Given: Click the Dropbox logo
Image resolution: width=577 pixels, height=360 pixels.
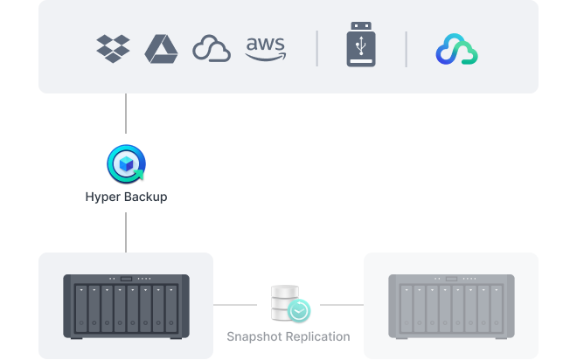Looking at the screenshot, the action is pyautogui.click(x=113, y=49).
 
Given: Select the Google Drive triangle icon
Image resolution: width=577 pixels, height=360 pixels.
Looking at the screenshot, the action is pyautogui.click(x=161, y=49).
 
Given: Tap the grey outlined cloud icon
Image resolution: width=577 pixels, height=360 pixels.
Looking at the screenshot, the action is pyautogui.click(x=212, y=49).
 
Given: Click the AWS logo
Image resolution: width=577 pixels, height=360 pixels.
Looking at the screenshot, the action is pyautogui.click(x=265, y=49).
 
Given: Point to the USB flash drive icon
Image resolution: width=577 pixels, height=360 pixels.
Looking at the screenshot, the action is pyautogui.click(x=361, y=45).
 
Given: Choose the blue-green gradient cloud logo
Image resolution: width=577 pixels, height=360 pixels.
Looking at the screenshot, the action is pyautogui.click(x=456, y=49).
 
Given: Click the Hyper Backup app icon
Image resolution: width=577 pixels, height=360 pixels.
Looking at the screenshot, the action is pyautogui.click(x=126, y=163).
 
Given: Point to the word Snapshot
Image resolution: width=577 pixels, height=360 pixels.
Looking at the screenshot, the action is pyautogui.click(x=254, y=336).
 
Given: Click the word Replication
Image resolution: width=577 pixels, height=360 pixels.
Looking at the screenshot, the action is pyautogui.click(x=318, y=336).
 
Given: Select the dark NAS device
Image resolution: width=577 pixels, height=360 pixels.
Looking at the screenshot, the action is pyautogui.click(x=126, y=307).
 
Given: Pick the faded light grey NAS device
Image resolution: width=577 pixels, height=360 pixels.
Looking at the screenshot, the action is pyautogui.click(x=451, y=307).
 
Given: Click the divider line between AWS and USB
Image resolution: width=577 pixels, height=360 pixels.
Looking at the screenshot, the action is pyautogui.click(x=316, y=49).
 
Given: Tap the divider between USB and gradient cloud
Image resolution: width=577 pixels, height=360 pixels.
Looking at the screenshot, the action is pyautogui.click(x=407, y=49).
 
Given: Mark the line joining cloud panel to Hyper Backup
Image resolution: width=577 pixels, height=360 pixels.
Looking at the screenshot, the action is pyautogui.click(x=126, y=114).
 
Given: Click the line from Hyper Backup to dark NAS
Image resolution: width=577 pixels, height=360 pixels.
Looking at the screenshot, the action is pyautogui.click(x=126, y=232).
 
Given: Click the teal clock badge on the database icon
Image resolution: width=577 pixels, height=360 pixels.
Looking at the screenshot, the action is pyautogui.click(x=299, y=311).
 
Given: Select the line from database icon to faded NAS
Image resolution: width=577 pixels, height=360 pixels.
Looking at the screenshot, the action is pyautogui.click(x=342, y=305).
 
